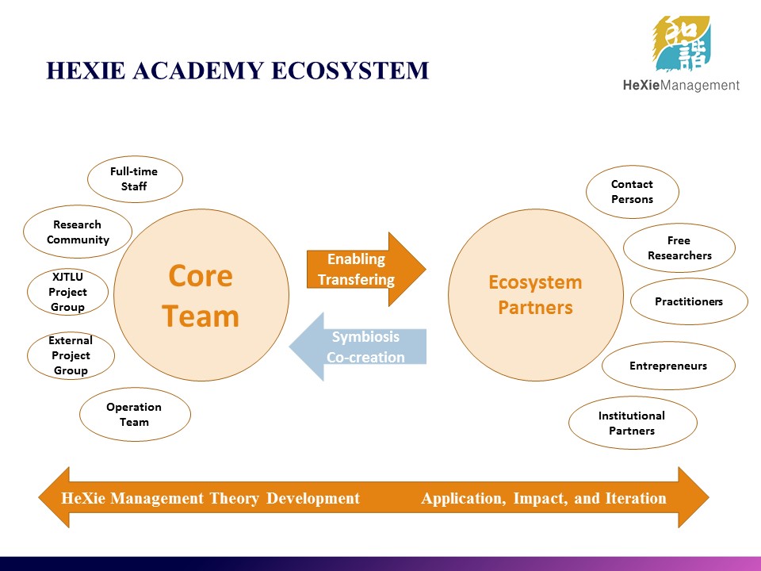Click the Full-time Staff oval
[x=135, y=178]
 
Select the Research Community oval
[x=78, y=232]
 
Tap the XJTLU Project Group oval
[x=67, y=292]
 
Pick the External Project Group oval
[x=71, y=355]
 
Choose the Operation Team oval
[x=135, y=414]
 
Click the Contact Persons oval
[x=633, y=192]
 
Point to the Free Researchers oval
[x=679, y=248]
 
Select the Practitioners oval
[x=689, y=301]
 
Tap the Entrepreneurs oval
[x=668, y=366]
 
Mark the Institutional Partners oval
[x=633, y=423]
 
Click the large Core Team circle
[x=201, y=295]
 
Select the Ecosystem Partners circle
[x=536, y=295]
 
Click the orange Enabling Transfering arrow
[x=366, y=270]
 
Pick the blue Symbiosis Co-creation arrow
[x=358, y=347]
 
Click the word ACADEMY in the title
[x=198, y=71]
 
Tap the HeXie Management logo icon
[x=682, y=44]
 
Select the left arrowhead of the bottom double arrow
[x=54, y=497]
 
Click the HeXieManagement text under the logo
[x=681, y=86]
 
